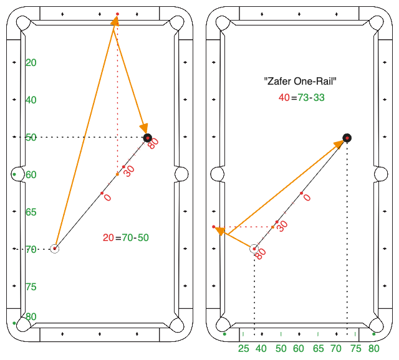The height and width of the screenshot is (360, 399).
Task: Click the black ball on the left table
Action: [147, 137]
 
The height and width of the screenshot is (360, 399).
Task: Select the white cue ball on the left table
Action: [54, 249]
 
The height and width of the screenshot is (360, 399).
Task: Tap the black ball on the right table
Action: [347, 138]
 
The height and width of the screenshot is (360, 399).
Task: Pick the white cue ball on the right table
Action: [254, 249]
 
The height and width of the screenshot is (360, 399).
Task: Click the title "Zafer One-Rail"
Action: [300, 81]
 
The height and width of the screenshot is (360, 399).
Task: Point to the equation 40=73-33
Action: [301, 97]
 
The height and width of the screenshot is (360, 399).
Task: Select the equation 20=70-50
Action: [126, 237]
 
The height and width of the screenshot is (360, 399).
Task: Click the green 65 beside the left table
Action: [31, 212]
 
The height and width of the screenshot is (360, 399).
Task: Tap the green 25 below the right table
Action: [244, 348]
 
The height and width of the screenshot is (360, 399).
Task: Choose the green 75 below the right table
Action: [356, 348]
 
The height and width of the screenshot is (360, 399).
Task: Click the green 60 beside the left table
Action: [31, 174]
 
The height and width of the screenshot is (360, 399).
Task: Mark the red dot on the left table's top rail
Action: [117, 13]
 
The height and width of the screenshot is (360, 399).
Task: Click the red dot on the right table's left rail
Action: [213, 227]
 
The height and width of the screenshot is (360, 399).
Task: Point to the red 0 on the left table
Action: [107, 197]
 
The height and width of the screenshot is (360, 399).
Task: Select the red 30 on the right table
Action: [282, 225]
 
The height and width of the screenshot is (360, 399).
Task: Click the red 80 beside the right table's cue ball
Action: [260, 253]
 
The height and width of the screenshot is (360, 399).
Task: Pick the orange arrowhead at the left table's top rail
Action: [115, 21]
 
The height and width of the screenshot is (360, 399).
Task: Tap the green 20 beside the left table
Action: [31, 62]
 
